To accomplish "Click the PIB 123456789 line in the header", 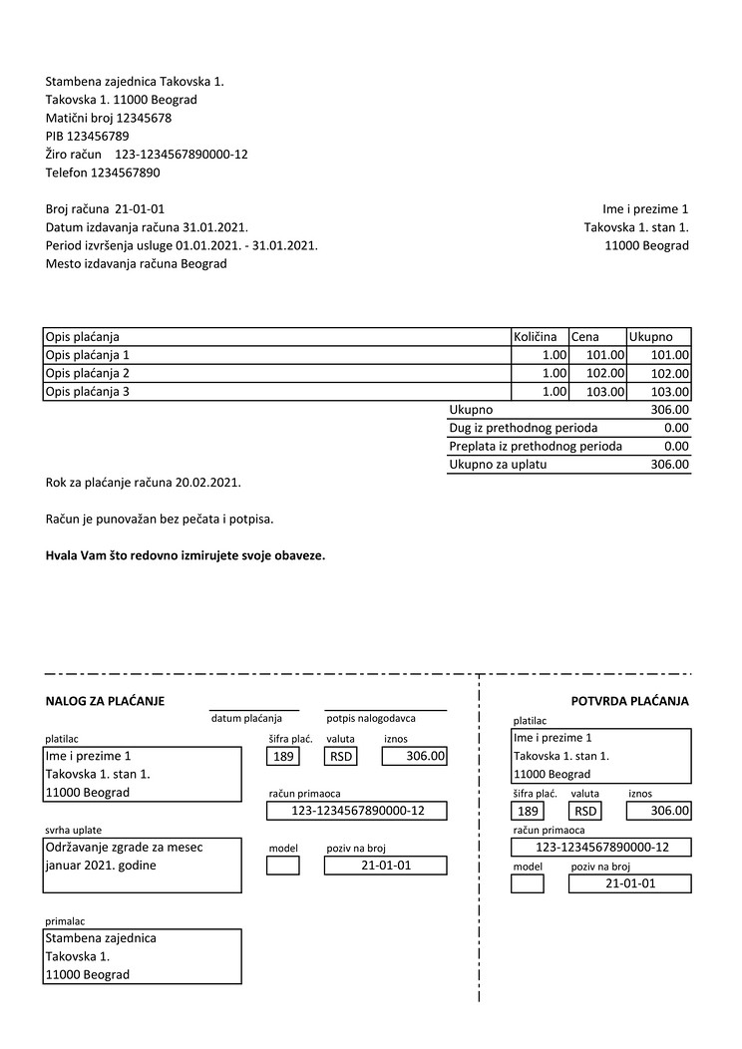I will click(x=87, y=136).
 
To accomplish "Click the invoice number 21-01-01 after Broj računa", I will click(x=140, y=209).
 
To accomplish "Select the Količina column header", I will click(x=535, y=337).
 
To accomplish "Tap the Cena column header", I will click(x=584, y=337).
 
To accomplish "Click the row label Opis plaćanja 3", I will click(x=88, y=392).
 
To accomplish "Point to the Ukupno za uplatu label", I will click(x=498, y=464).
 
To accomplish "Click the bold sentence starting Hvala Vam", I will click(x=185, y=555).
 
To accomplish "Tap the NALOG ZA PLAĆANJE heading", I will click(x=105, y=701).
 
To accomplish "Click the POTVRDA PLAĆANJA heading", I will click(x=629, y=701).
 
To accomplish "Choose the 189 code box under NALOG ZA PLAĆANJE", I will click(x=283, y=757).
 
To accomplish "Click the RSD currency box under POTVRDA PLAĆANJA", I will click(x=586, y=811).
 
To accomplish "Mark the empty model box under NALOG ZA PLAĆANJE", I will click(x=283, y=866).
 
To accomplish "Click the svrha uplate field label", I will click(x=73, y=830).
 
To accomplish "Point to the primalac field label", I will click(x=65, y=920).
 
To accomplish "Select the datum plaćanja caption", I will click(x=246, y=718).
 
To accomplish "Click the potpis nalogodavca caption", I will click(x=371, y=718).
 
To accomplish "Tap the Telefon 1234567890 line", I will click(x=103, y=173).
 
